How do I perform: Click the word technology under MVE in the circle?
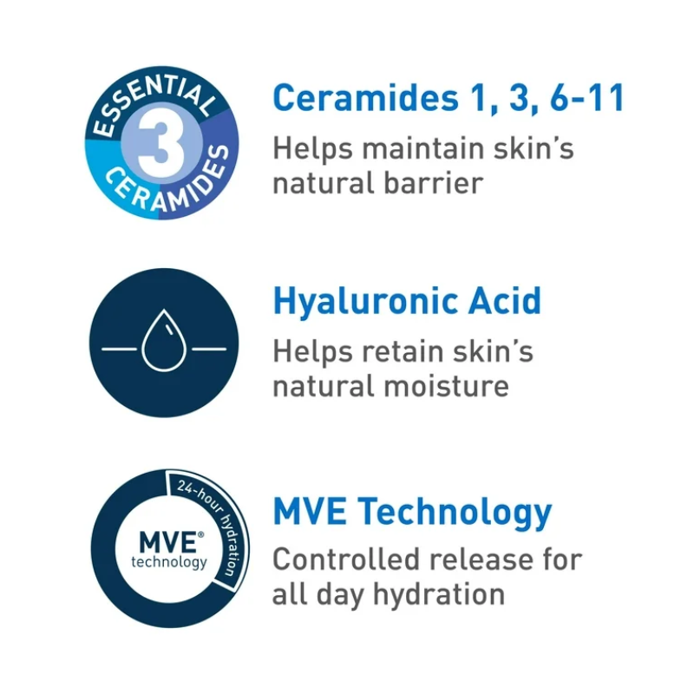coord(169,562)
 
